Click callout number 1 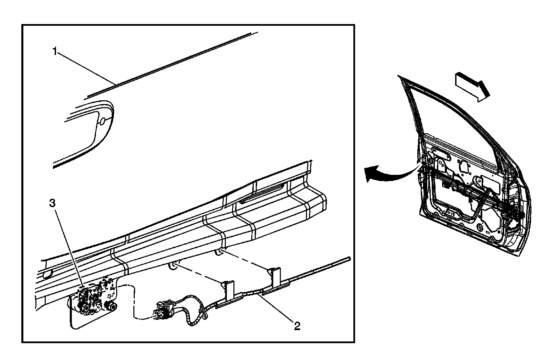tap(55, 52)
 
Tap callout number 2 tap(297, 325)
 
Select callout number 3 tap(52, 203)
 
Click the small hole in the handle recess tap(103, 121)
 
